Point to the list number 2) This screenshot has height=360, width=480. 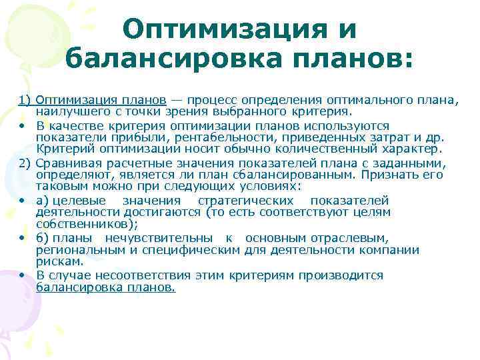click(x=26, y=163)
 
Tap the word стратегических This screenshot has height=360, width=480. click(x=246, y=201)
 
